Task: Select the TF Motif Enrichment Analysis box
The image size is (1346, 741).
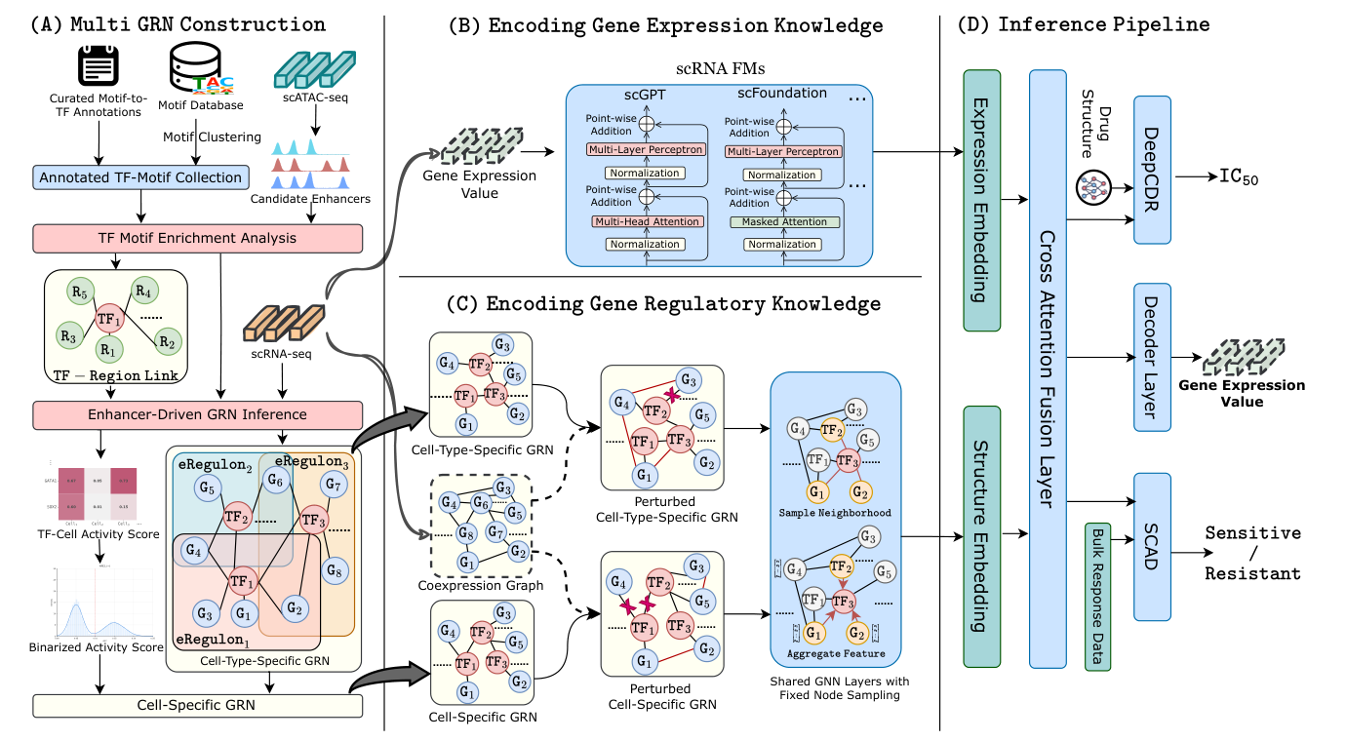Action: (x=198, y=238)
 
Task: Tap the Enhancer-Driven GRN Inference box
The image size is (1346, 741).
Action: (x=198, y=414)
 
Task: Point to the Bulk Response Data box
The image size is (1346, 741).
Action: (x=1096, y=596)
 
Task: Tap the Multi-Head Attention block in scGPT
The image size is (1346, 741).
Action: (x=646, y=222)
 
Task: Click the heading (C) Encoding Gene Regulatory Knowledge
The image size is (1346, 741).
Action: (x=664, y=304)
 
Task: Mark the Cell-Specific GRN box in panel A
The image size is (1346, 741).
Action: (x=198, y=706)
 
